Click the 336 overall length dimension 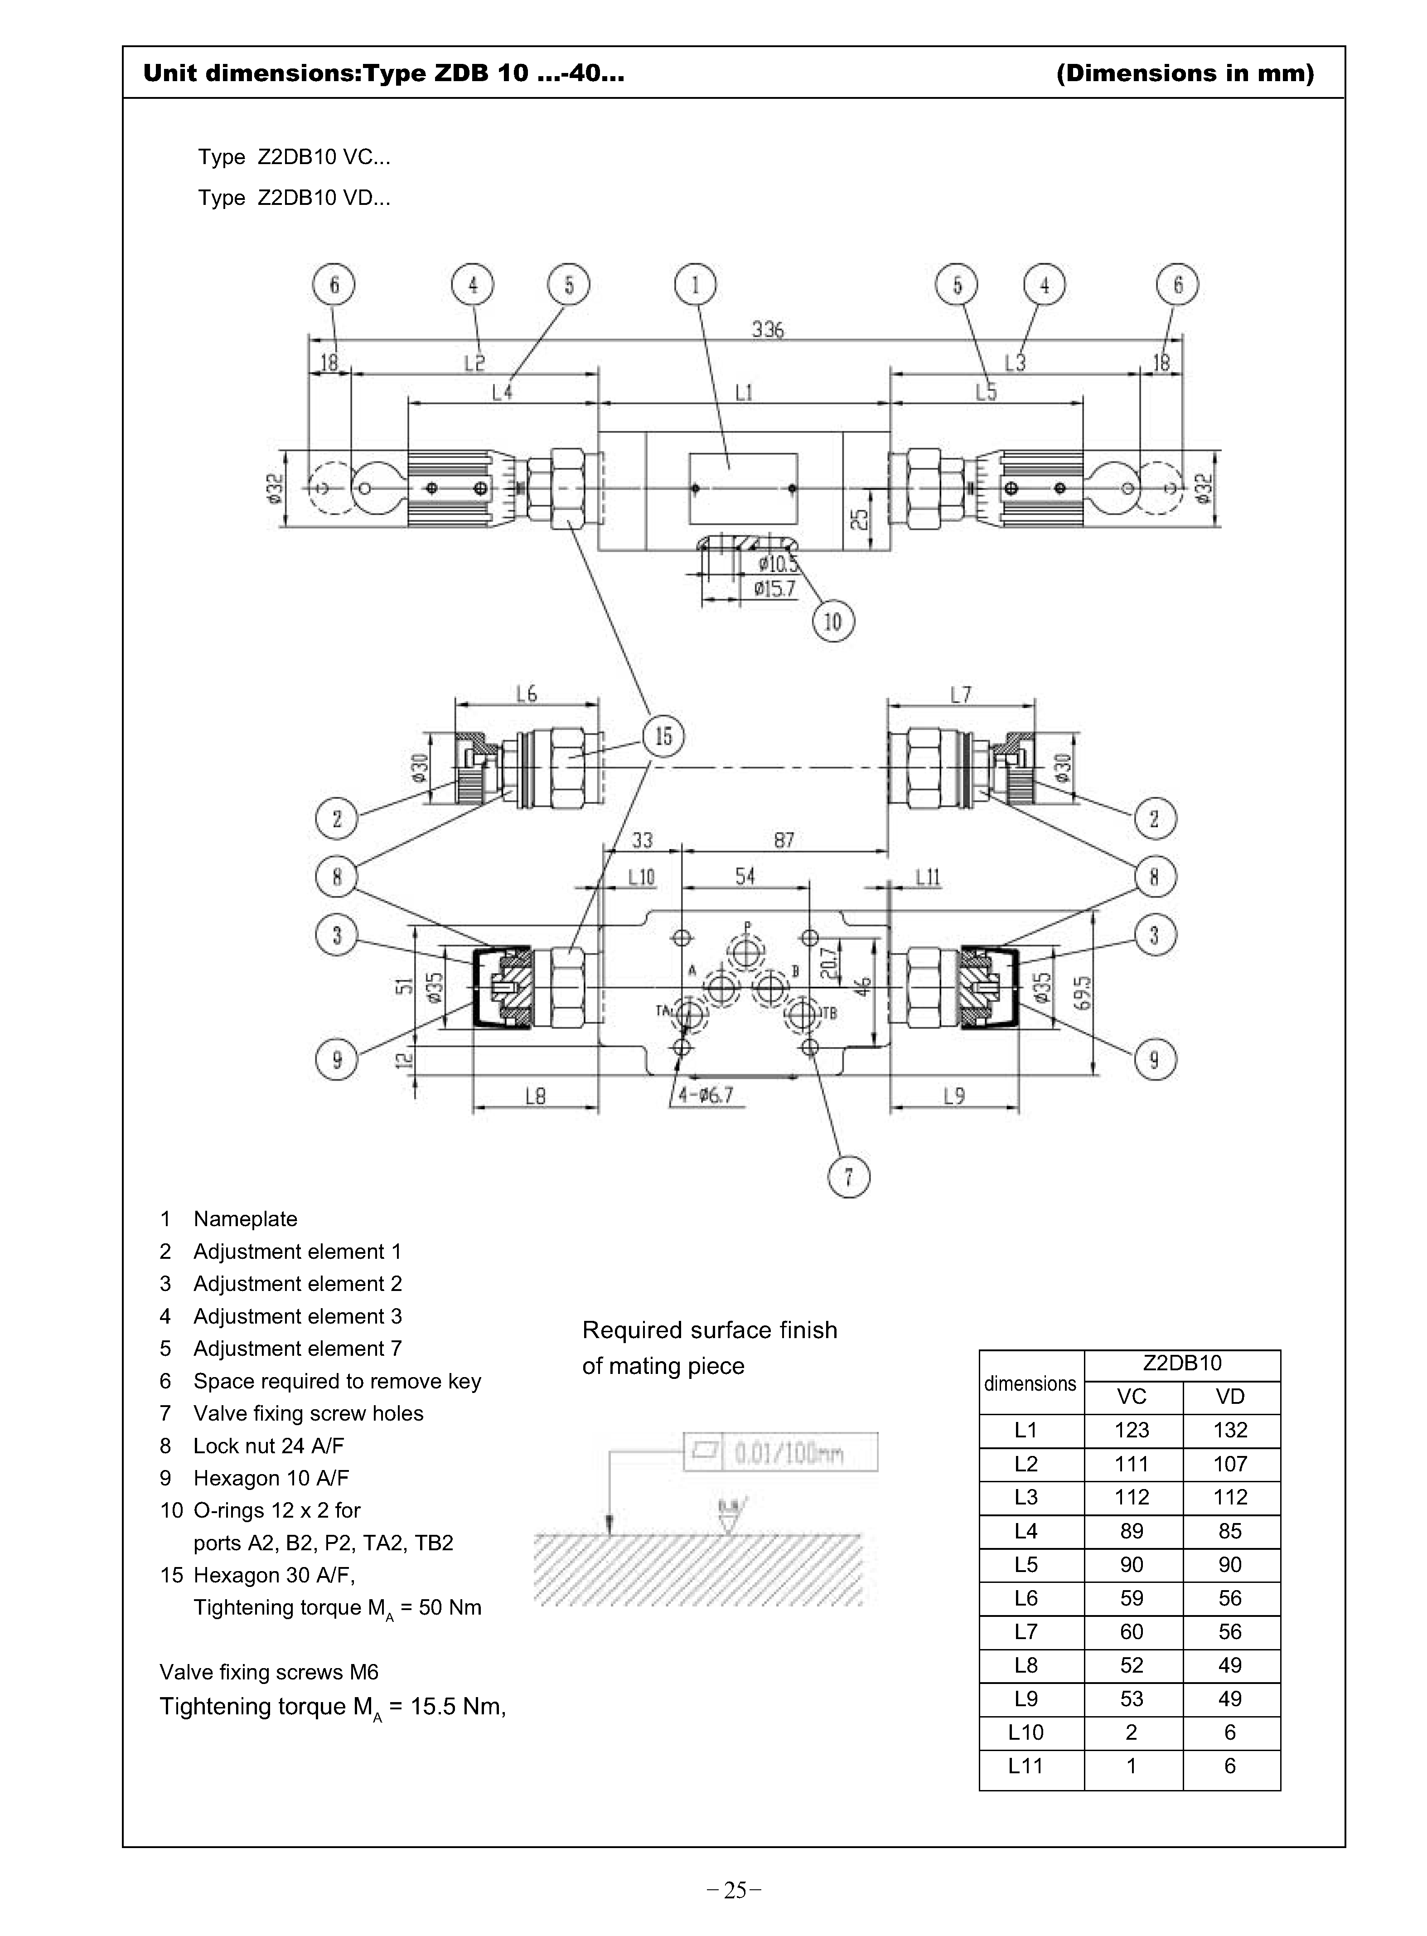(x=767, y=329)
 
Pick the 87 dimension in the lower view (x=784, y=839)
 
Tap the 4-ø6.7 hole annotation (x=705, y=1096)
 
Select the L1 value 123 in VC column (x=1132, y=1430)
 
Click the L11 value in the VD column (x=1230, y=1766)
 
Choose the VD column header (x=1230, y=1396)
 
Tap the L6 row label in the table (x=1026, y=1598)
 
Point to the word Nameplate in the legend (x=245, y=1219)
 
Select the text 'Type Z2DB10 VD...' (x=295, y=198)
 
